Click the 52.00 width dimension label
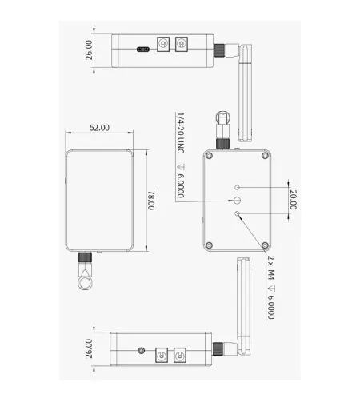click(99, 128)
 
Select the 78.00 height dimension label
click(151, 201)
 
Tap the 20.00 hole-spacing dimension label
click(293, 200)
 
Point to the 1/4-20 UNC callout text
click(181, 133)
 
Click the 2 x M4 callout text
click(271, 268)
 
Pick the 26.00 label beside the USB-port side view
click(89, 50)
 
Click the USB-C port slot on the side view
click(143, 50)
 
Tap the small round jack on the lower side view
click(142, 351)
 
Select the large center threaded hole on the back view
click(237, 200)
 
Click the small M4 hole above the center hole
click(237, 188)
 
